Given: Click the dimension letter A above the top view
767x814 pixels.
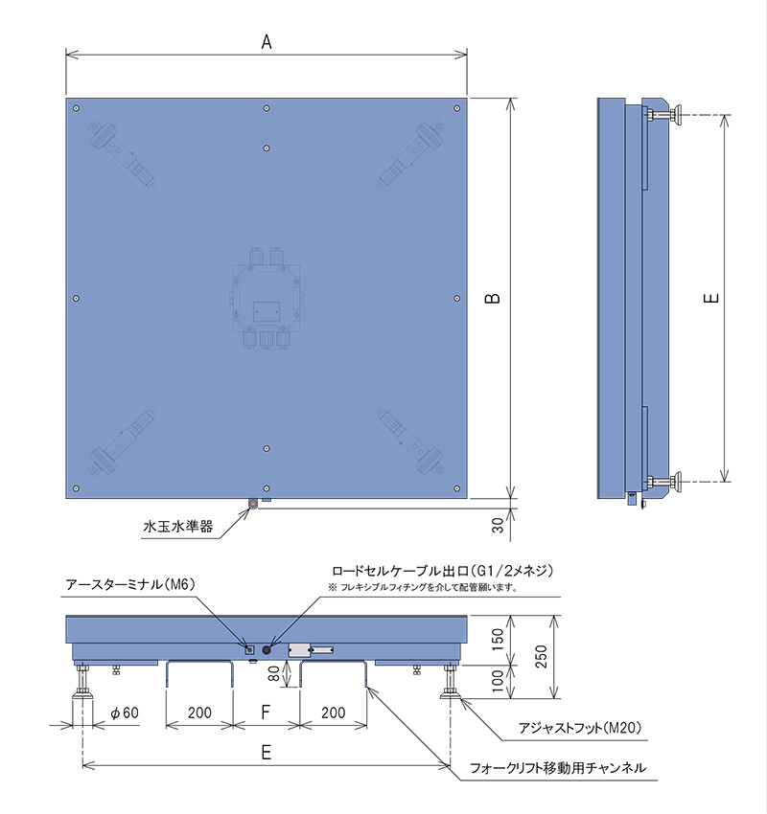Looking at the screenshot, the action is point(267,42).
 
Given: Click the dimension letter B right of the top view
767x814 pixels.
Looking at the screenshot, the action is point(493,298).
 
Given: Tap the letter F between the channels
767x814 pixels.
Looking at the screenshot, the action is point(266,712).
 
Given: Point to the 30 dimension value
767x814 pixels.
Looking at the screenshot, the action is point(498,526).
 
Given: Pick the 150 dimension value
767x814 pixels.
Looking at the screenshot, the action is point(498,640).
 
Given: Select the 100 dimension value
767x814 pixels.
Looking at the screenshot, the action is point(498,681).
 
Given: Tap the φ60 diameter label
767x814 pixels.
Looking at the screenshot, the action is point(125,712).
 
